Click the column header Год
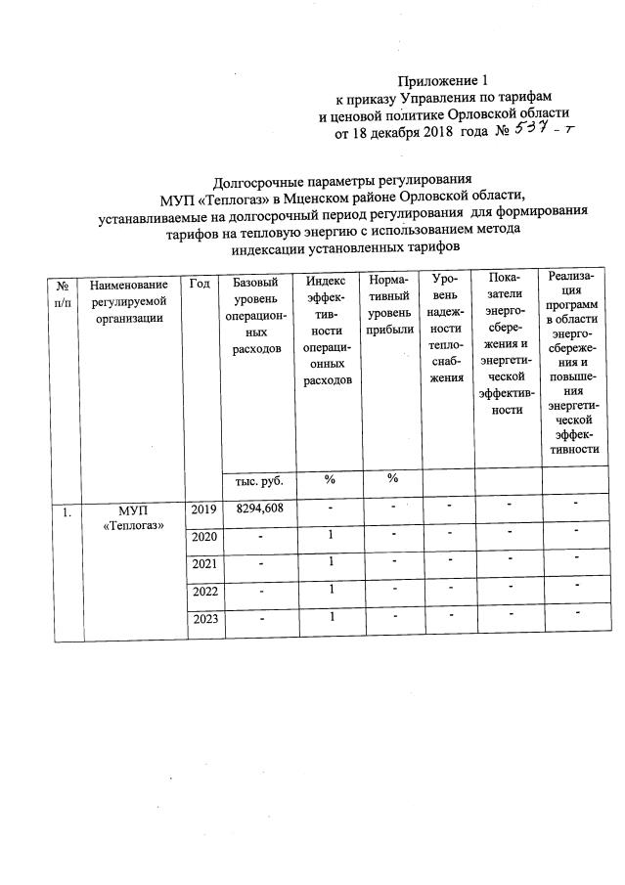click(200, 284)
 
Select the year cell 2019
click(202, 509)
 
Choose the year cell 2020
click(202, 537)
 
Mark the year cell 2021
click(202, 564)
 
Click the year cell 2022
click(202, 592)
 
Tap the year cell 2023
click(202, 619)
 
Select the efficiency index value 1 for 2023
click(331, 617)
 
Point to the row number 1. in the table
click(64, 510)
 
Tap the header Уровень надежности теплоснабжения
click(447, 329)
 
